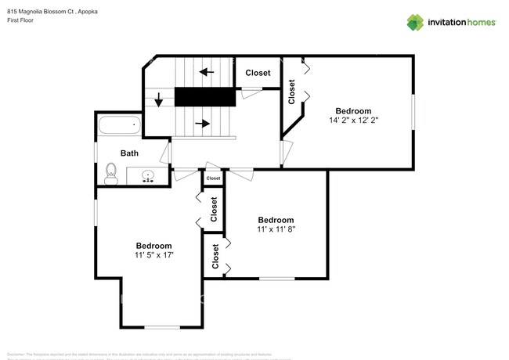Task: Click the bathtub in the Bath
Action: tap(119, 124)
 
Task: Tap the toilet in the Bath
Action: tap(110, 173)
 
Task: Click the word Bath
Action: tap(129, 153)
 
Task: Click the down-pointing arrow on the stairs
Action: tap(159, 100)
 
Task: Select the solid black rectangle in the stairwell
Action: tap(204, 96)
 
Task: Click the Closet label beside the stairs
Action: tap(258, 73)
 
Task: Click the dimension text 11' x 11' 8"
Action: tap(276, 230)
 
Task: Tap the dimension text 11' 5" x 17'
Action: tap(153, 255)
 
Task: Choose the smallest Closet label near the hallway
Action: tap(213, 179)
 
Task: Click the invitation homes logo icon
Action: tap(415, 22)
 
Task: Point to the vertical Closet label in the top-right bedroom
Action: tap(292, 92)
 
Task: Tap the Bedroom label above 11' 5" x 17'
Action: tap(153, 245)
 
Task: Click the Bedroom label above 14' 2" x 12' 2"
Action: tap(353, 110)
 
